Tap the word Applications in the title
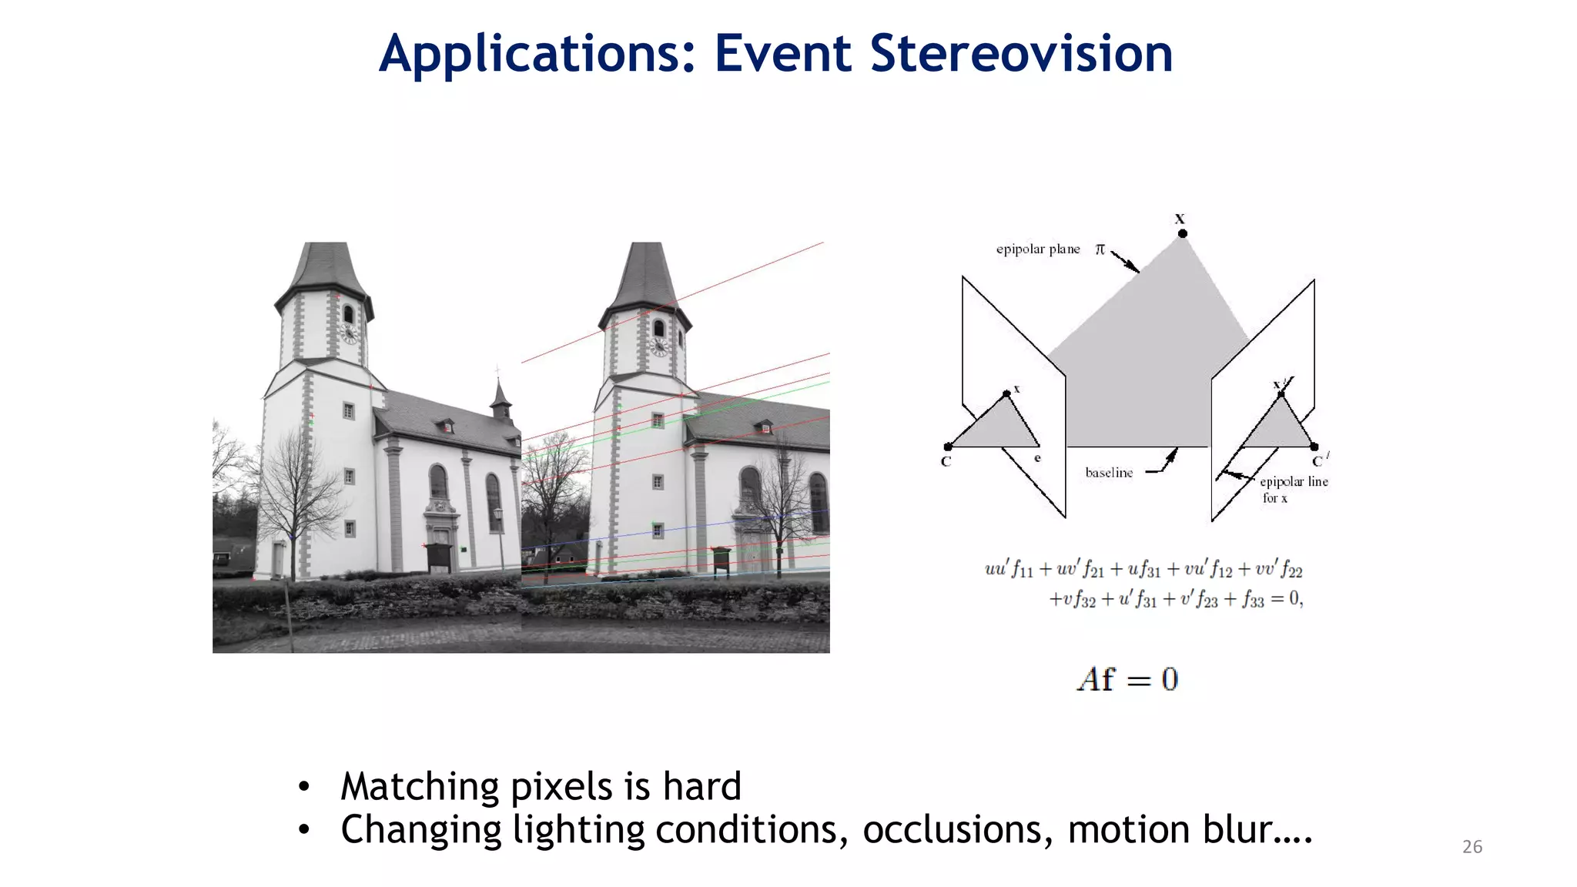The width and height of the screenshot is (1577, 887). pos(537,54)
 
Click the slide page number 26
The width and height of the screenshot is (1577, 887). pos(1472,847)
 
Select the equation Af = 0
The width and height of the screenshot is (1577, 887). pos(1127,680)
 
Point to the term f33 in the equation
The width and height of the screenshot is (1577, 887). pos(1252,600)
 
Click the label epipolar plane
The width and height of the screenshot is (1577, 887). pos(1037,249)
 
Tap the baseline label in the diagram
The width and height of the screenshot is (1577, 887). pos(1109,473)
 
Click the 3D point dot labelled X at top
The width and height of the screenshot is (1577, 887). pos(1183,233)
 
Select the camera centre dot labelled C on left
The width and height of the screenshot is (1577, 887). pos(948,447)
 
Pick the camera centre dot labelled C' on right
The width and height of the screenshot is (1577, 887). pos(1314,447)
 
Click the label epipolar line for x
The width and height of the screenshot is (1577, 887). pos(1293,489)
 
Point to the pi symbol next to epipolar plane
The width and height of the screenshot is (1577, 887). pos(1100,249)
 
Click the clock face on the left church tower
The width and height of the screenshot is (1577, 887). pos(349,333)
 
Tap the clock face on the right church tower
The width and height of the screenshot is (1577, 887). pos(658,346)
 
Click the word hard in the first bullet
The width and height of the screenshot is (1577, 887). pos(701,787)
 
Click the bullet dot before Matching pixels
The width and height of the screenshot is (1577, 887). pos(304,787)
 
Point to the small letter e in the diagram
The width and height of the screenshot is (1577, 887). pos(1037,458)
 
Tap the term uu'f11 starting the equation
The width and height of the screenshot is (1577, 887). pos(1009,570)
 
